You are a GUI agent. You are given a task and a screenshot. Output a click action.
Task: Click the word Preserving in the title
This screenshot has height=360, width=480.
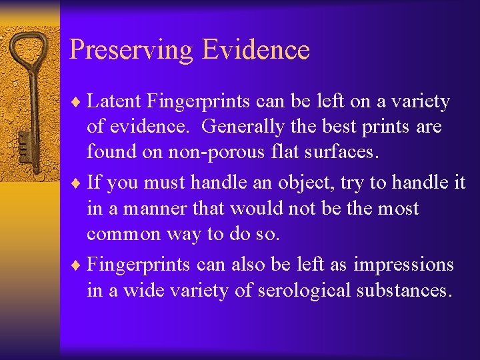(x=131, y=51)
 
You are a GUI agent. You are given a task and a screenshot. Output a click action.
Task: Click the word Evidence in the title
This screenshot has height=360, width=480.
(x=256, y=49)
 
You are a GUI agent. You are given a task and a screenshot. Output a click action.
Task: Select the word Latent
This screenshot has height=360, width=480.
(x=115, y=101)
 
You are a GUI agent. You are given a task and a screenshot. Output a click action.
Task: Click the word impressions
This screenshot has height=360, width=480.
(x=403, y=265)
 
